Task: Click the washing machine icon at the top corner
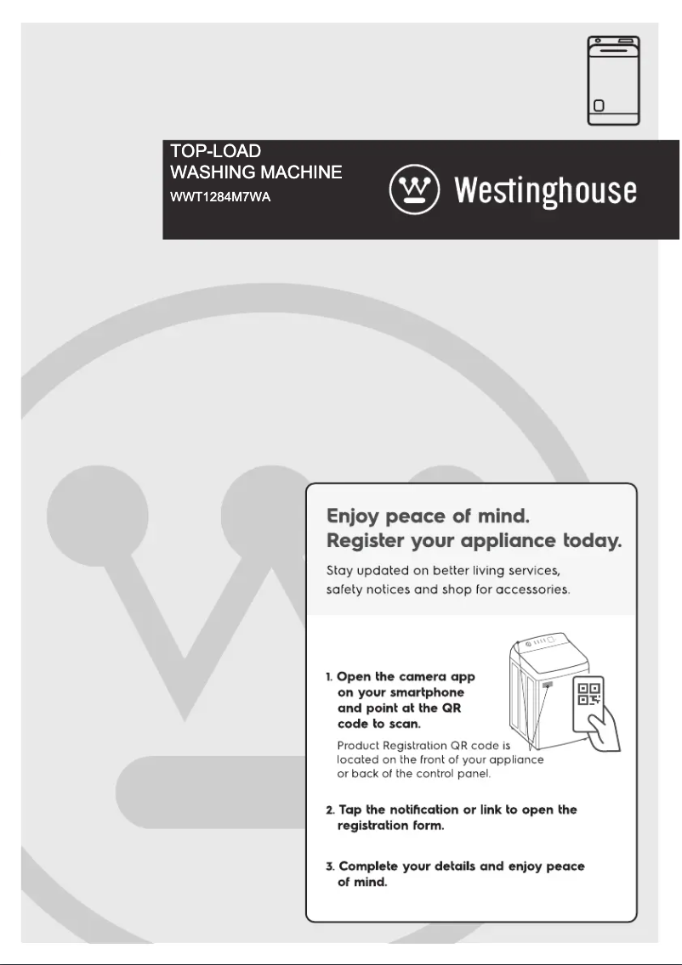[x=614, y=81]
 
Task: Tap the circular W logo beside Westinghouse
[x=414, y=189]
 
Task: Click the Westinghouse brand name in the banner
[x=545, y=190]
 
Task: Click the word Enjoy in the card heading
[x=355, y=516]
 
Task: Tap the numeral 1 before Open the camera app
[x=329, y=677]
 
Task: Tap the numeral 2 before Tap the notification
[x=330, y=810]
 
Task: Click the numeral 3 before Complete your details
[x=330, y=866]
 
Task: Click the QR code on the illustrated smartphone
[x=589, y=694]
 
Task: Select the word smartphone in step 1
[x=429, y=692]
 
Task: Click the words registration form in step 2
[x=390, y=826]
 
